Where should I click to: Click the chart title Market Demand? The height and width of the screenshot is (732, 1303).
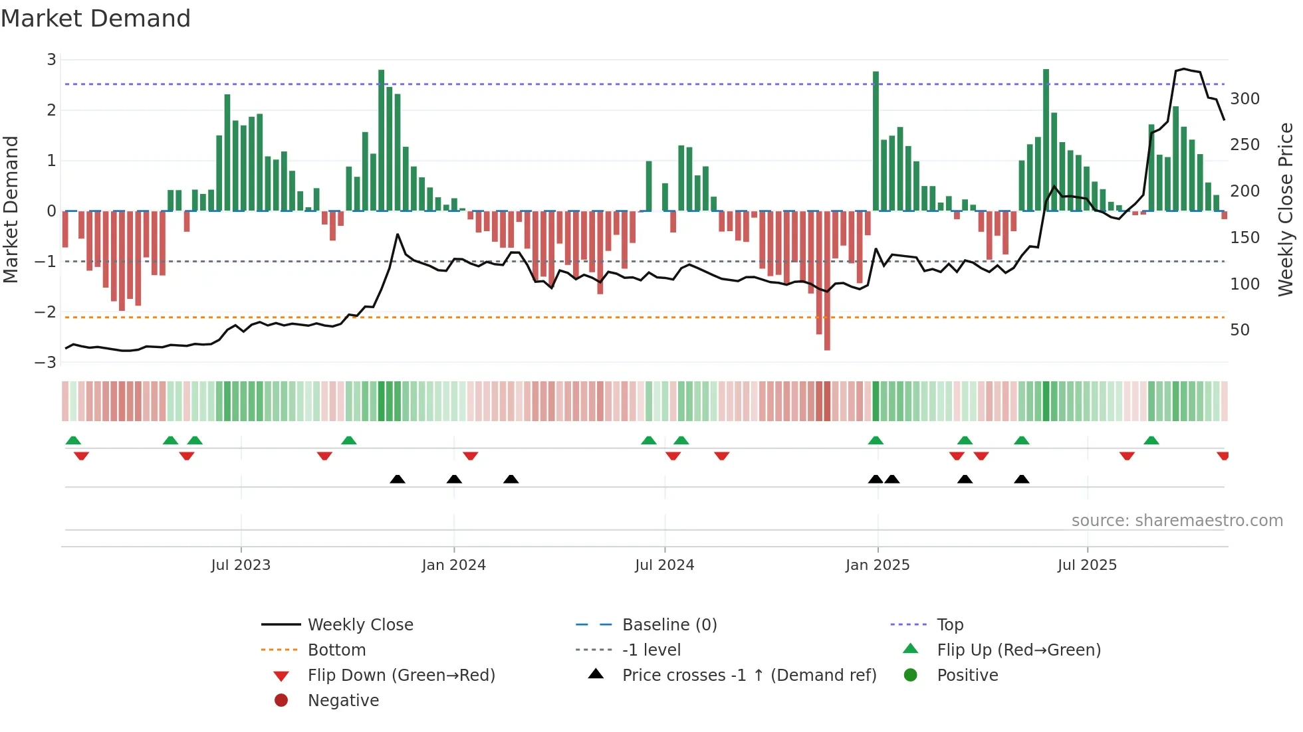[96, 19]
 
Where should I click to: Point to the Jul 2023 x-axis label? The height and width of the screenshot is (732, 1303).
[241, 565]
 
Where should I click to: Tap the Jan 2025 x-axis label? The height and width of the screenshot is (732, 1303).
[878, 565]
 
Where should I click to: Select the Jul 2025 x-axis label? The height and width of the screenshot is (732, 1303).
[1087, 565]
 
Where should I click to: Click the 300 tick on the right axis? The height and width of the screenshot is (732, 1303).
[1244, 99]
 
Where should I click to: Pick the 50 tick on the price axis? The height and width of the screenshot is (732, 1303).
[1240, 330]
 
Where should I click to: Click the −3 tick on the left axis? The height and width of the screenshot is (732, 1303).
[46, 363]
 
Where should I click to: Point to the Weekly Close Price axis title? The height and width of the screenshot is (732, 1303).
[1286, 209]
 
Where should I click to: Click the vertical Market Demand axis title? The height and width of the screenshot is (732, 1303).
[11, 209]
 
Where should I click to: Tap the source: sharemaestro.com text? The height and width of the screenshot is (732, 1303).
[1177, 521]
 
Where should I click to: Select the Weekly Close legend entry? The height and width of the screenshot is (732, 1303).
[360, 625]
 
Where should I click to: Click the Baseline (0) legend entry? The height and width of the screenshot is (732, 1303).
[669, 625]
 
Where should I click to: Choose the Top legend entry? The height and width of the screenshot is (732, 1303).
[950, 625]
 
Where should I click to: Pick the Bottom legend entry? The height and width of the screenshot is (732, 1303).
[336, 650]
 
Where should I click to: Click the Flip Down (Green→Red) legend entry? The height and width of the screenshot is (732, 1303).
[401, 676]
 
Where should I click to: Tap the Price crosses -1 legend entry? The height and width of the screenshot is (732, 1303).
[749, 676]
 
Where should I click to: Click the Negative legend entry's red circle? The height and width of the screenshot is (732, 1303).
[281, 701]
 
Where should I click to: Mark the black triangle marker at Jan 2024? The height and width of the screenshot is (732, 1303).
[454, 480]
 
